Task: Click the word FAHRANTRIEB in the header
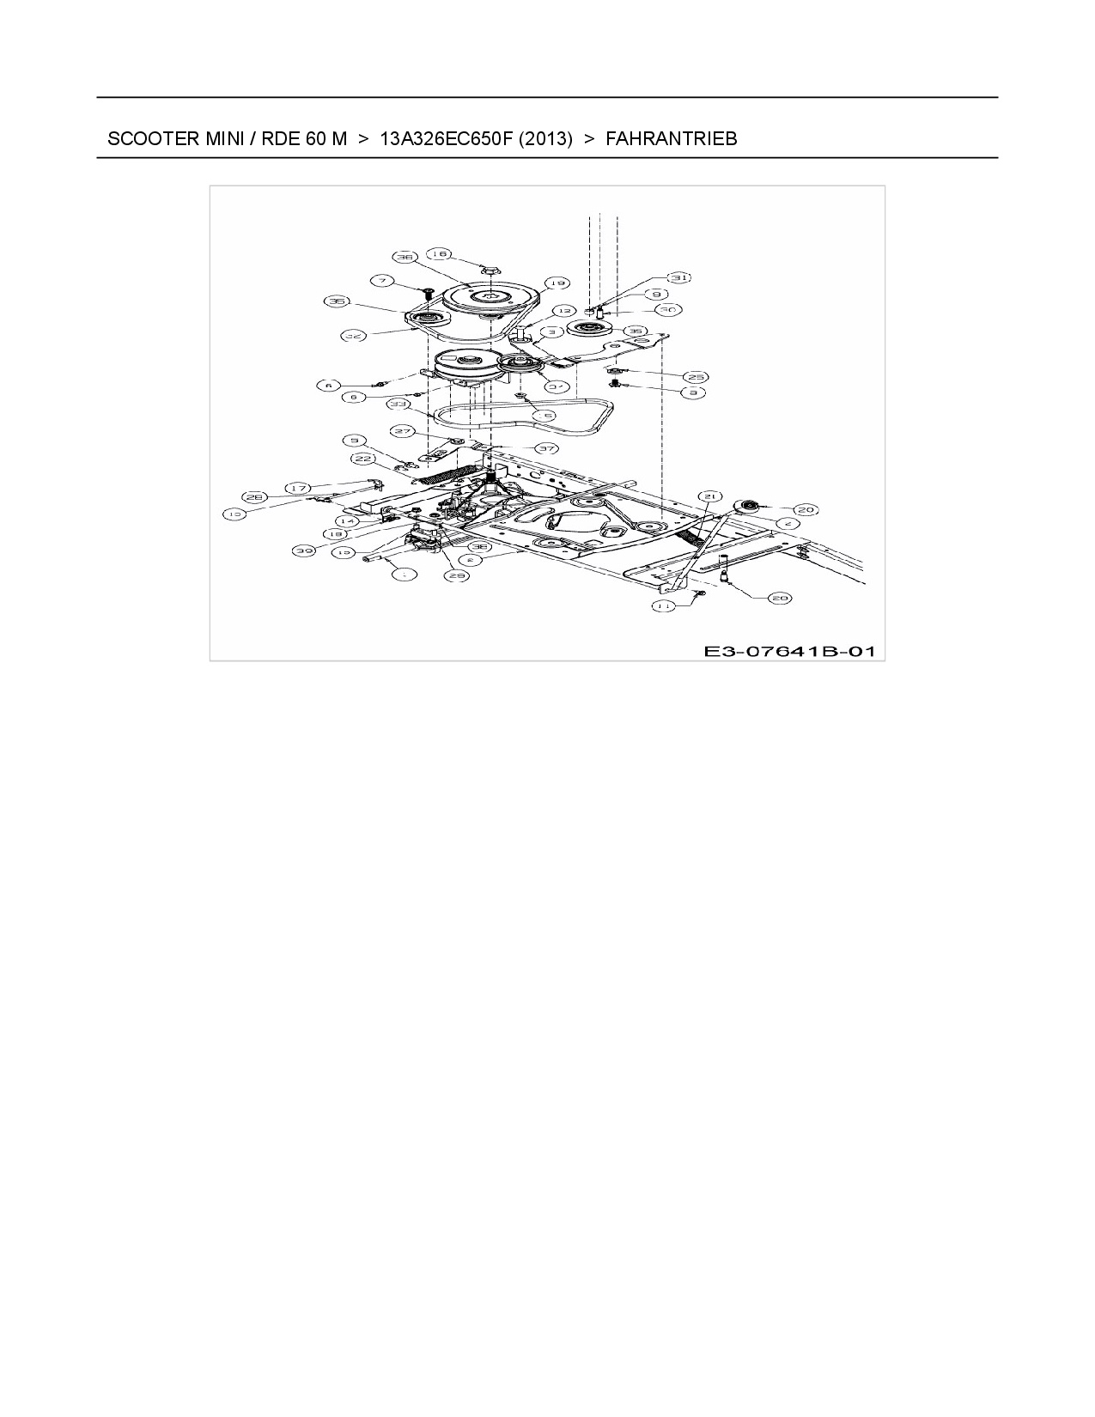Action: point(671,138)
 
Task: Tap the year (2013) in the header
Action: point(545,138)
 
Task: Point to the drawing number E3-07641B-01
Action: point(789,651)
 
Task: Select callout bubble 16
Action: point(440,253)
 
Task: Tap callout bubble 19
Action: point(556,283)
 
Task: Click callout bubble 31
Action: point(679,277)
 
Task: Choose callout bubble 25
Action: point(695,376)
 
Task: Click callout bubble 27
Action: point(402,431)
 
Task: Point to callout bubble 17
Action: point(297,488)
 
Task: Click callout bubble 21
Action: point(709,496)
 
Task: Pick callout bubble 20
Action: point(805,509)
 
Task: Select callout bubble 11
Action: point(662,605)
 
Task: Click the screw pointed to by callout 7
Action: point(423,294)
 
